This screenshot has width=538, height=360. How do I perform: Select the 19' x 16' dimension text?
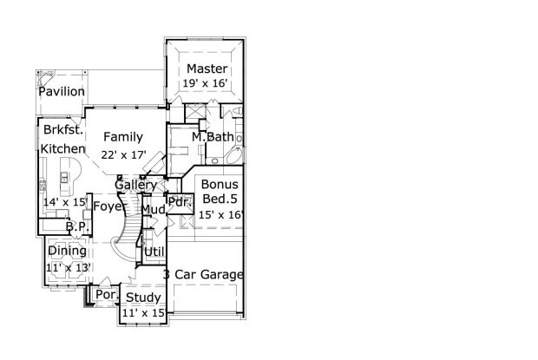(x=205, y=84)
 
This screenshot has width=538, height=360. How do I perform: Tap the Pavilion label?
(x=62, y=91)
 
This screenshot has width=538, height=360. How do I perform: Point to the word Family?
(x=122, y=137)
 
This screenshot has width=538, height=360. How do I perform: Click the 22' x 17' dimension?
(x=122, y=154)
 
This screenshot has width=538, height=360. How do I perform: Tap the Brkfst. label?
(x=62, y=131)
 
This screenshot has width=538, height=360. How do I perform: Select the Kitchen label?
(x=62, y=148)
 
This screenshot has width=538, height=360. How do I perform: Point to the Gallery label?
(x=135, y=186)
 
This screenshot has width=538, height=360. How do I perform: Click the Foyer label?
(x=108, y=206)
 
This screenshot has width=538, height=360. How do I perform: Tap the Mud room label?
(x=154, y=210)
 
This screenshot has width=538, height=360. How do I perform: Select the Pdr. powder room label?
(x=179, y=202)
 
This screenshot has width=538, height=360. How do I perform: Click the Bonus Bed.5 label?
(x=220, y=192)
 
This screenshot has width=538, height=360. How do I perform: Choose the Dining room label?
(x=67, y=251)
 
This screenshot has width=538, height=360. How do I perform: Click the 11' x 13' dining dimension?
(x=67, y=267)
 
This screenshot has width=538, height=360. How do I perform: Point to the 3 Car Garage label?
(x=203, y=275)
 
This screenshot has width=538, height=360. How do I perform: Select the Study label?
(x=142, y=298)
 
